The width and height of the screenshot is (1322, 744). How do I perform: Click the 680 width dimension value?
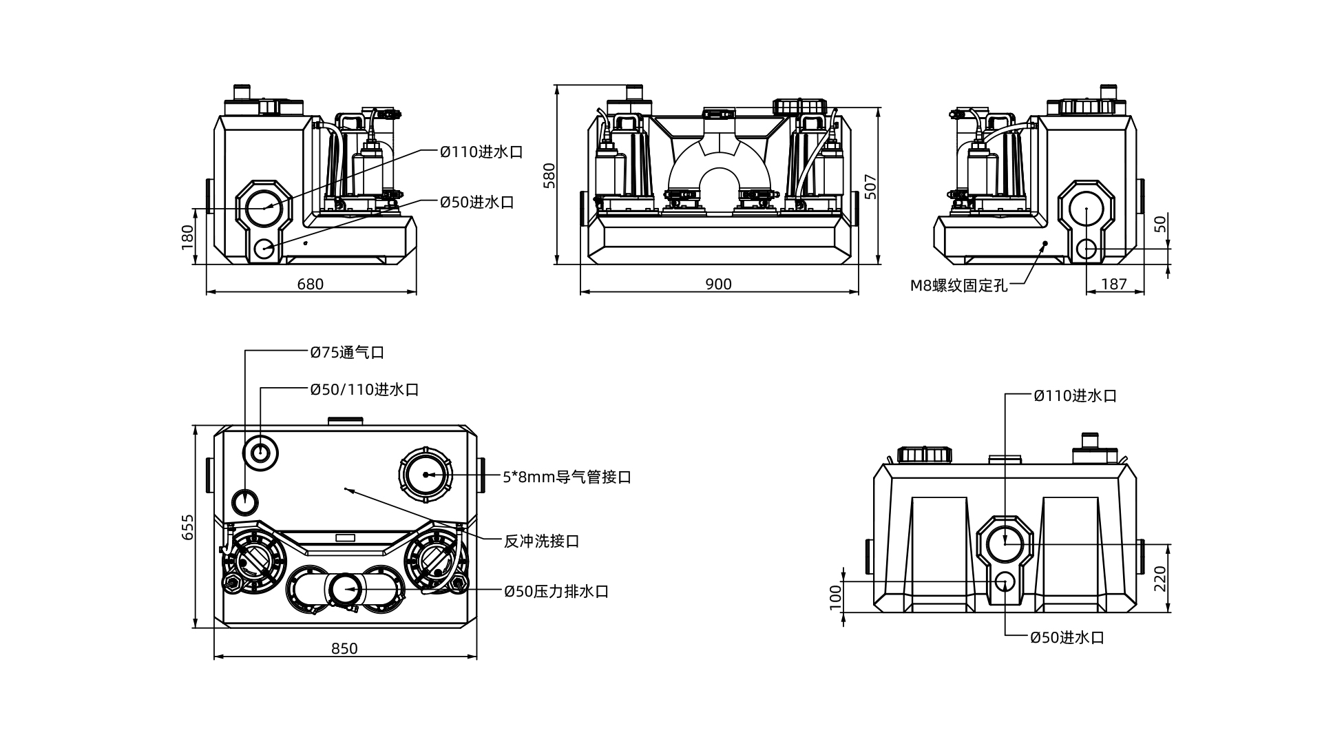[x=310, y=285]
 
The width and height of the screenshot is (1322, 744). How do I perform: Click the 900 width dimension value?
[x=718, y=285]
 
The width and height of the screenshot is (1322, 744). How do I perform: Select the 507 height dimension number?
[x=871, y=187]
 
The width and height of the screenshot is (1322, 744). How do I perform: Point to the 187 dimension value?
[x=1114, y=285]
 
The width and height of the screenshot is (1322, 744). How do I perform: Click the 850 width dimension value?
[x=344, y=649]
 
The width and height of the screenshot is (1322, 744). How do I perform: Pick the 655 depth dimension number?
[x=188, y=527]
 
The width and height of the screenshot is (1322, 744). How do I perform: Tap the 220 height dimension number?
[x=1160, y=579]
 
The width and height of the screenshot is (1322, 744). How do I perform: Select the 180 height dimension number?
[x=188, y=237]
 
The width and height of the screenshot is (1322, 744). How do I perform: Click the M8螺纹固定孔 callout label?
[x=958, y=286]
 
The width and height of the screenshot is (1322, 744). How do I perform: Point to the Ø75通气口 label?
[x=347, y=353]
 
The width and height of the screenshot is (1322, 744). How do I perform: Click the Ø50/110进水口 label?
[x=364, y=390]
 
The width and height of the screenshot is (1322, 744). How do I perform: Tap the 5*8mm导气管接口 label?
[x=567, y=477]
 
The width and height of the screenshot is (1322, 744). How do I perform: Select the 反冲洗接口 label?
[x=541, y=541]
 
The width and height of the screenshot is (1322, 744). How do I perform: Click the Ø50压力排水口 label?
[x=556, y=592]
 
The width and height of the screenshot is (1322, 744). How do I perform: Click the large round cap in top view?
[x=425, y=475]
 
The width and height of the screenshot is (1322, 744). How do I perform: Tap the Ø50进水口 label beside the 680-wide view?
[x=477, y=203]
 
